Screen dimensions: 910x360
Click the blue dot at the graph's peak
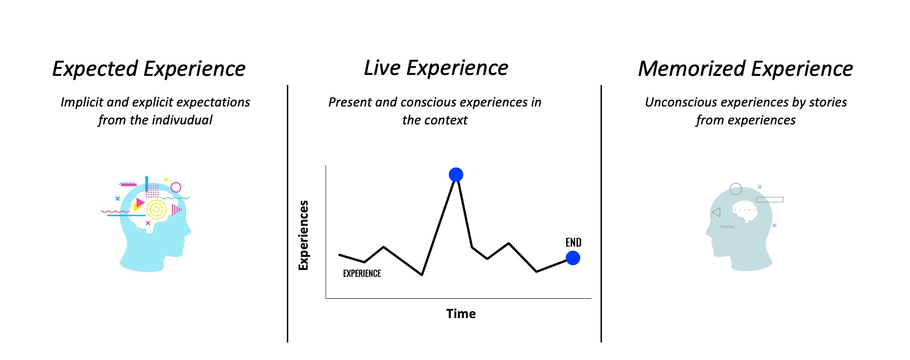click(456, 175)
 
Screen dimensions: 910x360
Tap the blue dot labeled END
click(573, 258)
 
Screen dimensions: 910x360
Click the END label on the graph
click(573, 243)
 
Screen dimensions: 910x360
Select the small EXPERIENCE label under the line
click(362, 273)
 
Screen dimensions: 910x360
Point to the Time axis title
click(461, 314)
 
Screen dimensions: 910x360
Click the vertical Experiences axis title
click(304, 235)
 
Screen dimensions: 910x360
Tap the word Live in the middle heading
click(382, 68)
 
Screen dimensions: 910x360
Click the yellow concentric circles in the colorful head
click(156, 209)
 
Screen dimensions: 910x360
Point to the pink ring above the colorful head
click(176, 188)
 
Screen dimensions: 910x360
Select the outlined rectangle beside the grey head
click(770, 200)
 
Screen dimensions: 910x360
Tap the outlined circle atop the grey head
click(736, 189)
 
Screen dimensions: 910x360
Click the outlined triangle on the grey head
click(716, 213)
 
